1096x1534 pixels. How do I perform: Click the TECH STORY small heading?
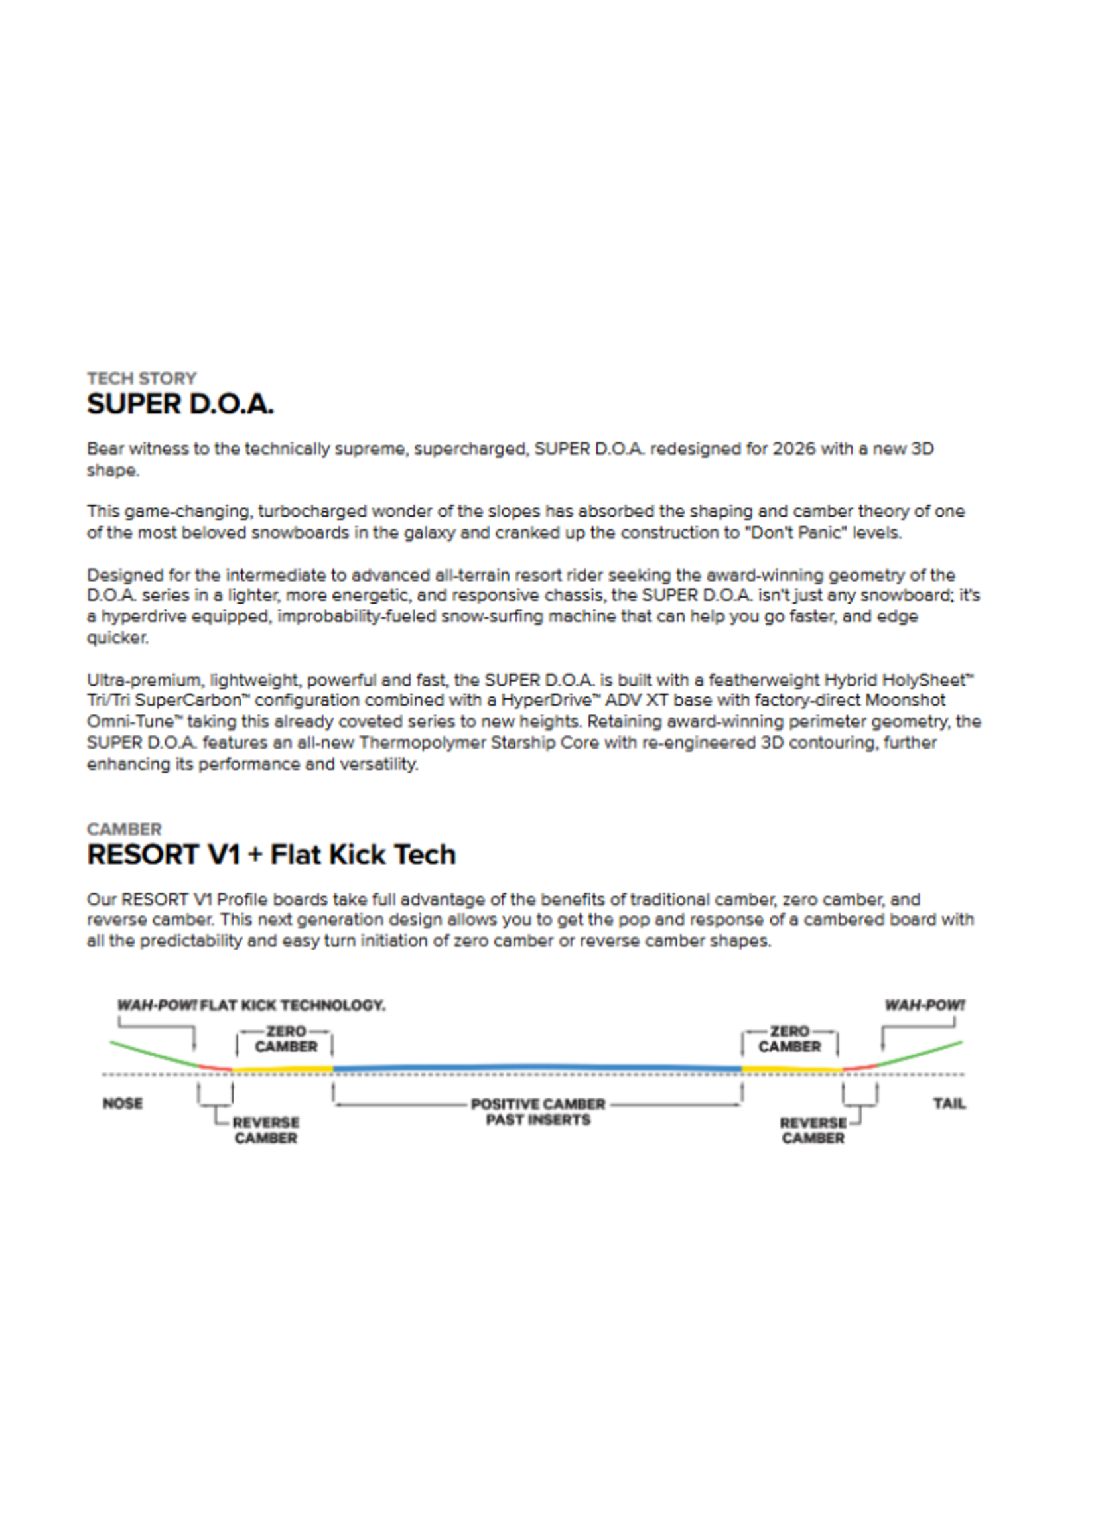[142, 378]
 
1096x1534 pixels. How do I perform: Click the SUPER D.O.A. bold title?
[180, 404]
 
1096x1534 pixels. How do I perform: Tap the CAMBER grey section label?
[124, 828]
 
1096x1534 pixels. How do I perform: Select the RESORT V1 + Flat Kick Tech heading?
[271, 855]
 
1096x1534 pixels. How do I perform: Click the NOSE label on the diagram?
[123, 1103]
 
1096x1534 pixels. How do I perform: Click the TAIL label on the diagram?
[949, 1103]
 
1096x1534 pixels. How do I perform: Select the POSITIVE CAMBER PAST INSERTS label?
[538, 1112]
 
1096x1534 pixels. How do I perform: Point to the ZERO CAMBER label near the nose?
[285, 1039]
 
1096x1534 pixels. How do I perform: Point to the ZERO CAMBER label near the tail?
[789, 1039]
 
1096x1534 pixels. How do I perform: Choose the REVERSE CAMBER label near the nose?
[265, 1130]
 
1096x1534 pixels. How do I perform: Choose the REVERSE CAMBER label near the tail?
[813, 1130]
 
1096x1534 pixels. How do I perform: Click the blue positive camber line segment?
[537, 1068]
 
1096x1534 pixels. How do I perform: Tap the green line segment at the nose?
[155, 1055]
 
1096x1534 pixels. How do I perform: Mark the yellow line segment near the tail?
[791, 1069]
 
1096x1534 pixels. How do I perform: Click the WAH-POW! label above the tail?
[925, 1005]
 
